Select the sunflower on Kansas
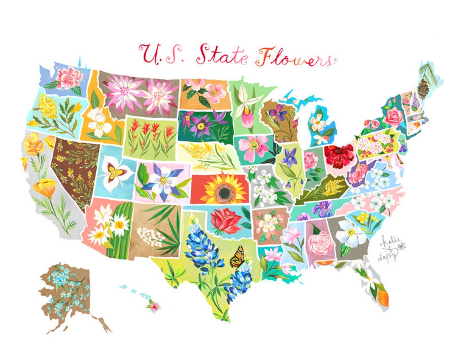coord(223,189)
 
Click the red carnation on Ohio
coord(339,155)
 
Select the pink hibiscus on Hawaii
coord(153,305)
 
